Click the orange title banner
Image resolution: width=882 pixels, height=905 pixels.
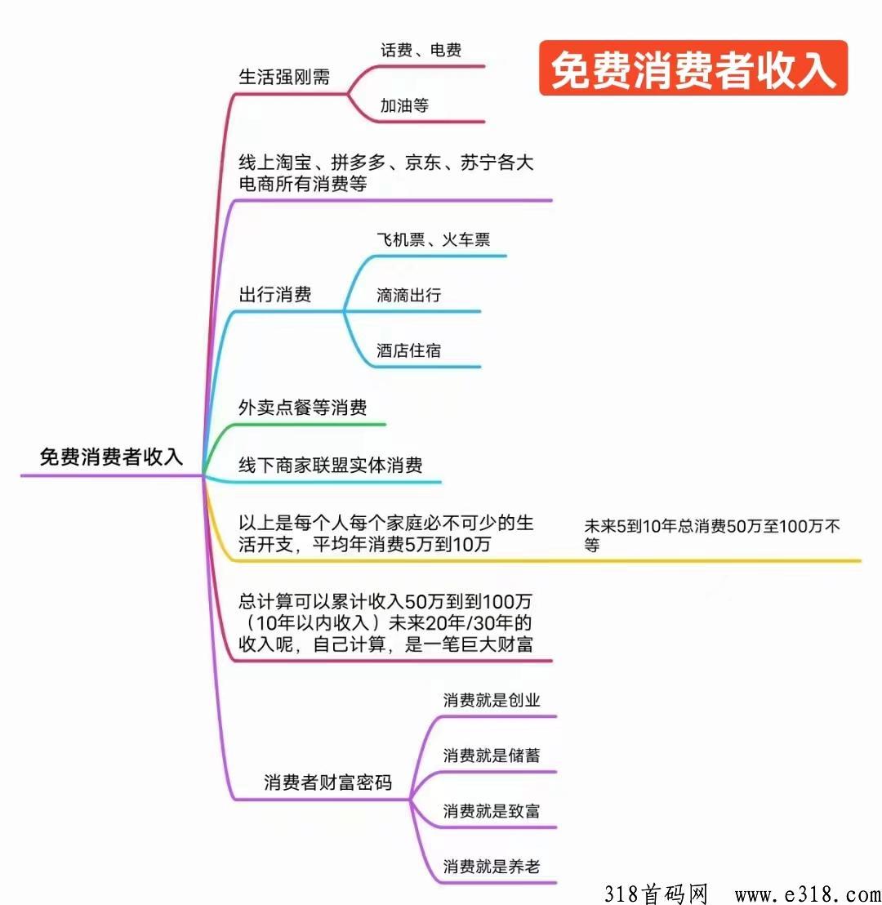click(693, 68)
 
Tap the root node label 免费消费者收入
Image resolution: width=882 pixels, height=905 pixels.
click(111, 457)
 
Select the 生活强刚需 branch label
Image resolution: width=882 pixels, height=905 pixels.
click(284, 77)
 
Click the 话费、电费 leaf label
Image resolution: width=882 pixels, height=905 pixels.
click(421, 50)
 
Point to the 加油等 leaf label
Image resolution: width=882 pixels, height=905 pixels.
click(404, 105)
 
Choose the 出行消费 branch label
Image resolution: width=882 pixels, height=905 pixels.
click(274, 294)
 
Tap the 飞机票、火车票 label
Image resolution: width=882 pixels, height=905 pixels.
click(434, 239)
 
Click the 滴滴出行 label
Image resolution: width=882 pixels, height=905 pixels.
click(408, 295)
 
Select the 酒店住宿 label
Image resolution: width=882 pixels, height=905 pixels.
click(408, 350)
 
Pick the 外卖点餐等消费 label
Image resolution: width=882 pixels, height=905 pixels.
click(302, 408)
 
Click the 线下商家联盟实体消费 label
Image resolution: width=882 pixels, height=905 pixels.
click(330, 465)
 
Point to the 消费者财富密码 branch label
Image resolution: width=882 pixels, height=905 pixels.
click(327, 782)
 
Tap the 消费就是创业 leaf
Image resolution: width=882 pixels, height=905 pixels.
click(491, 700)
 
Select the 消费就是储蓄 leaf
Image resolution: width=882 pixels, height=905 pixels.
click(491, 756)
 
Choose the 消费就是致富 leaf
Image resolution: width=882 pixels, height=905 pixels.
click(491, 811)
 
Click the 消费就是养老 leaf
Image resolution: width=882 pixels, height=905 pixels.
click(491, 866)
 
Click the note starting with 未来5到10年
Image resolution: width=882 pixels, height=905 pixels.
click(711, 535)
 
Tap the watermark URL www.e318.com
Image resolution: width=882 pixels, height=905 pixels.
click(808, 894)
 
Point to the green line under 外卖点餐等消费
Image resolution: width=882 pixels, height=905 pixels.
click(294, 426)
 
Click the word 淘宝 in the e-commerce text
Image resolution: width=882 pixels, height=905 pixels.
click(293, 163)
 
